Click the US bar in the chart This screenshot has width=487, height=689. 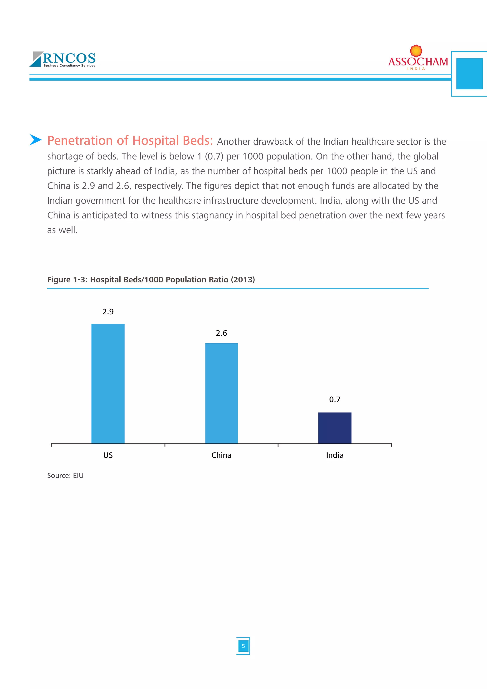(x=108, y=383)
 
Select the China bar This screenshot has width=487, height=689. (x=221, y=393)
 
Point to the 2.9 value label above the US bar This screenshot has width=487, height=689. (x=108, y=311)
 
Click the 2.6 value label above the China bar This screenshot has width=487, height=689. (x=221, y=333)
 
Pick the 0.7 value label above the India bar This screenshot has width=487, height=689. (x=335, y=399)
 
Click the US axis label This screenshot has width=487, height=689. (x=108, y=455)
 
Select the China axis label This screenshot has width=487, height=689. (x=221, y=455)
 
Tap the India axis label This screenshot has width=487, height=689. (x=335, y=455)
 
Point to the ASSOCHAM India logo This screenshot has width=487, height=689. (x=418, y=59)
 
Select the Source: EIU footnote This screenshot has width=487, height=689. (x=65, y=476)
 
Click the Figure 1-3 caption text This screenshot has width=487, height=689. (x=151, y=280)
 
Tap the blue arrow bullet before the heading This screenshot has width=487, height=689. (x=35, y=140)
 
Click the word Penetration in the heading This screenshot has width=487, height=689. (x=80, y=140)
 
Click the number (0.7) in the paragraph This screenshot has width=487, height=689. (x=214, y=156)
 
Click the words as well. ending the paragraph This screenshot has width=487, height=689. (x=62, y=230)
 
